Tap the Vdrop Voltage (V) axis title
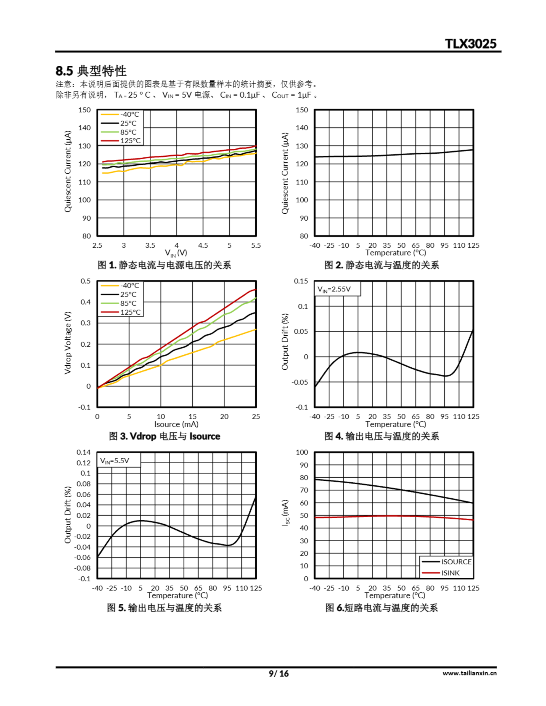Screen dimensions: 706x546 click(67, 343)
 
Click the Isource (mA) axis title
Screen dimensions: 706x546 click(176, 424)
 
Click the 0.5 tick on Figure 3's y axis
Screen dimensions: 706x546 click(86, 281)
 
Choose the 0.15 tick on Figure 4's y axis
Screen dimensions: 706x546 click(301, 281)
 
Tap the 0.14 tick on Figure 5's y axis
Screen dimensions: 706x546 click(84, 452)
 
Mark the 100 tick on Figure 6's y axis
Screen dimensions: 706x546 click(302, 452)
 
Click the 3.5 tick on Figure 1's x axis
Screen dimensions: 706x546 click(150, 245)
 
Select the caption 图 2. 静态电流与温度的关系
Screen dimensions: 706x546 click(381, 265)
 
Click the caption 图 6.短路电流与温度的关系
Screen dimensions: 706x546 click(381, 608)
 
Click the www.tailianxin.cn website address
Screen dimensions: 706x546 click(469, 673)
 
